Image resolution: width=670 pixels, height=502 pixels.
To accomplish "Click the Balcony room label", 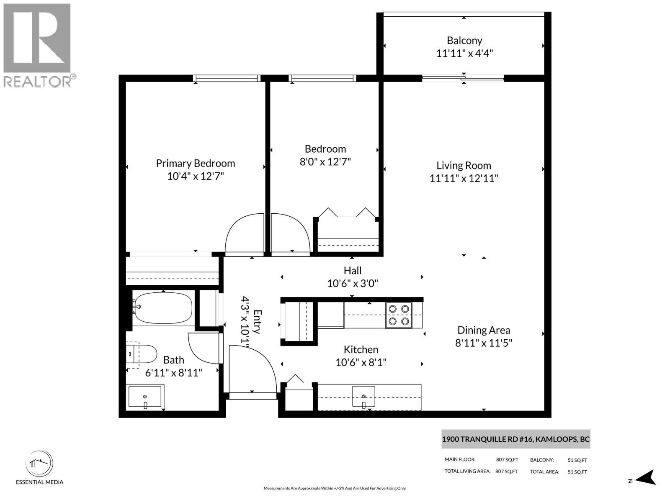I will tap(464, 41).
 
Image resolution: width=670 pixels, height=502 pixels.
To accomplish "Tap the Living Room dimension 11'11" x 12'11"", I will tap(464, 179).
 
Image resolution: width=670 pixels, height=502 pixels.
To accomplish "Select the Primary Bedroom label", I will tap(195, 163).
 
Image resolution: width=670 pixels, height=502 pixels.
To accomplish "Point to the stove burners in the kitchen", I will tap(399, 315).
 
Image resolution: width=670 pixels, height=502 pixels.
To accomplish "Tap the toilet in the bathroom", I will tap(142, 354).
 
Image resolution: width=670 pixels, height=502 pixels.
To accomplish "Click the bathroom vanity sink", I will tap(145, 397).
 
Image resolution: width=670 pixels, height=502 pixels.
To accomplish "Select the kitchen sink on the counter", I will tap(363, 397).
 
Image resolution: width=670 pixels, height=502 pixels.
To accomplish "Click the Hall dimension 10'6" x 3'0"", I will tap(353, 284).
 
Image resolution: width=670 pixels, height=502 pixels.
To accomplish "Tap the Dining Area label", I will tap(484, 330).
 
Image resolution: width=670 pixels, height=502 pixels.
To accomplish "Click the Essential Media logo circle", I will tap(39, 464).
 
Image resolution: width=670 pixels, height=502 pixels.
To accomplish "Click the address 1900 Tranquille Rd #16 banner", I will tap(515, 439).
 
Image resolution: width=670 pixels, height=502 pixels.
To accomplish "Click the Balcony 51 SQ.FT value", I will tap(577, 460).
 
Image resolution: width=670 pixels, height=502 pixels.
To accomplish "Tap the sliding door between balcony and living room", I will tap(463, 78).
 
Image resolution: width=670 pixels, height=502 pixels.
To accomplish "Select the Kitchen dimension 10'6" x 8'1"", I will tap(361, 362).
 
